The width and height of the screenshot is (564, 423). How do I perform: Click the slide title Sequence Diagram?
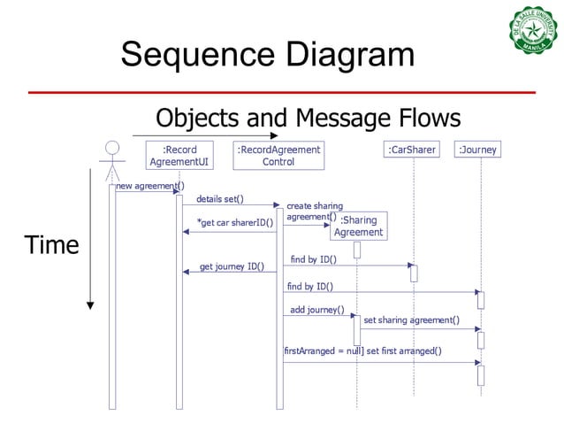(x=268, y=54)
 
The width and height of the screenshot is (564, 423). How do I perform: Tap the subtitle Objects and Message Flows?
(x=308, y=118)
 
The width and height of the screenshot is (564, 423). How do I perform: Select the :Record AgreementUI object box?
(x=179, y=156)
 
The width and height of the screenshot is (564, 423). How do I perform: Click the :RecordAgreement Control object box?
(x=278, y=156)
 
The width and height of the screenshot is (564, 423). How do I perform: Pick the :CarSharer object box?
(x=412, y=150)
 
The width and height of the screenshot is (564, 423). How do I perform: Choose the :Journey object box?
(x=477, y=150)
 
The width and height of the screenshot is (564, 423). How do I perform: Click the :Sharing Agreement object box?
(x=358, y=226)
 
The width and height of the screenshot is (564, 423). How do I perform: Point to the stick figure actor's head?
(x=111, y=148)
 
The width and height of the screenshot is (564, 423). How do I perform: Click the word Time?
(x=51, y=245)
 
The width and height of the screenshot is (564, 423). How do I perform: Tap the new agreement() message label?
(x=149, y=186)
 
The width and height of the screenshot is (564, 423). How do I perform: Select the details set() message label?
(x=219, y=199)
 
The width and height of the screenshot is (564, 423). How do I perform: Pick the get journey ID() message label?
(x=232, y=265)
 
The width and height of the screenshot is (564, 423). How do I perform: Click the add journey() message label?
(x=316, y=310)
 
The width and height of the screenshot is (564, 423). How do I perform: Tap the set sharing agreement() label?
(x=411, y=319)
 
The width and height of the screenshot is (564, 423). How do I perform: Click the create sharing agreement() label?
(x=314, y=211)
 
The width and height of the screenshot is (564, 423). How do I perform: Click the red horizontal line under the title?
(x=281, y=92)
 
